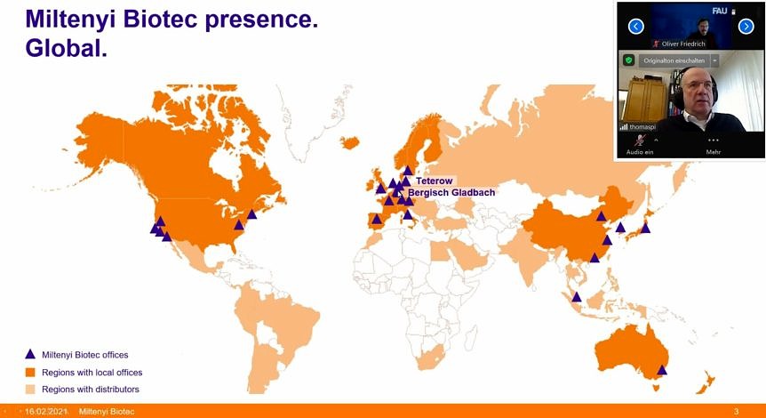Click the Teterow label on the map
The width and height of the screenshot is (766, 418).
pyautogui.click(x=435, y=181)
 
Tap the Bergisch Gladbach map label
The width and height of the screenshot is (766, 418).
pyautogui.click(x=451, y=193)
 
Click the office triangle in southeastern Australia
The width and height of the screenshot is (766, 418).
pyautogui.click(x=662, y=370)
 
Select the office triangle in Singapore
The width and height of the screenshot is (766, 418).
pyautogui.click(x=577, y=297)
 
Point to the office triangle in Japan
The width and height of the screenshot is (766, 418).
pyautogui.click(x=645, y=228)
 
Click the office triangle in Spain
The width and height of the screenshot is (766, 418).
pyautogui.click(x=376, y=219)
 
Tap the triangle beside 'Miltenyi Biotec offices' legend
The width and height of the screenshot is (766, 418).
pyautogui.click(x=30, y=354)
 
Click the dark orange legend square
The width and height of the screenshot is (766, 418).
pyautogui.click(x=30, y=373)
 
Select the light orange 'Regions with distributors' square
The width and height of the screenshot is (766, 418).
pyautogui.click(x=30, y=390)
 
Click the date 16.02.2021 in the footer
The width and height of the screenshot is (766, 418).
pyautogui.click(x=44, y=412)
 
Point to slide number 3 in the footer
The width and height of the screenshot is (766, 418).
pyautogui.click(x=736, y=412)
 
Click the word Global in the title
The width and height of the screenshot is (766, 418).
pyautogui.click(x=66, y=48)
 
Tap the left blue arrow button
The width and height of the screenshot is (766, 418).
pyautogui.click(x=635, y=27)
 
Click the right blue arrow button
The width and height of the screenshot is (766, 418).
pyautogui.click(x=746, y=27)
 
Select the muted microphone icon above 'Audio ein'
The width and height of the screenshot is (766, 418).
pyautogui.click(x=640, y=141)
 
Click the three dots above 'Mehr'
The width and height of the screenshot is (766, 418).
pyautogui.click(x=714, y=141)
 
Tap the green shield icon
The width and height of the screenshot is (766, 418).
pyautogui.click(x=629, y=60)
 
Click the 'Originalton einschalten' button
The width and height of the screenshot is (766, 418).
pyautogui.click(x=674, y=60)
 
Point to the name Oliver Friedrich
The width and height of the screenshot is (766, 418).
pyautogui.click(x=683, y=44)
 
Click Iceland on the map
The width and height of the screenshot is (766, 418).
pyautogui.click(x=350, y=142)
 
